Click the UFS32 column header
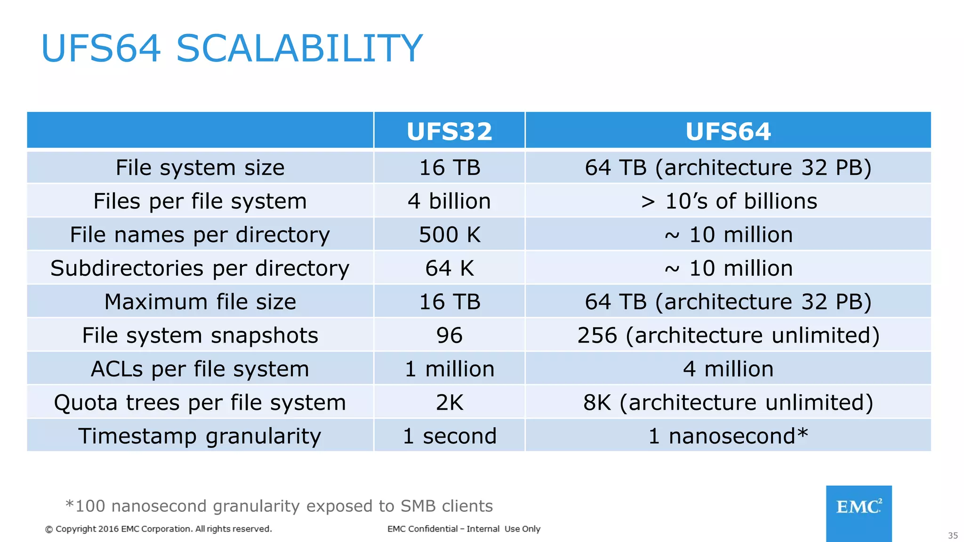tap(449, 131)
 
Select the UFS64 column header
tap(728, 131)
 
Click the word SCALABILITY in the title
tap(299, 48)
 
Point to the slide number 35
tap(953, 535)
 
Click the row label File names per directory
tap(200, 234)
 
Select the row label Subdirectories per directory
tap(200, 268)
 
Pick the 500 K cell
tap(450, 234)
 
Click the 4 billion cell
tap(449, 201)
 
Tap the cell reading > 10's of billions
tap(729, 201)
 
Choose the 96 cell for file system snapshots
tap(449, 335)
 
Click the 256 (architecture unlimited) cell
tap(728, 335)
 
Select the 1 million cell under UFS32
tap(449, 369)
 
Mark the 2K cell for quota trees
tap(449, 403)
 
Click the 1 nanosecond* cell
tap(728, 436)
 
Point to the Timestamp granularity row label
tap(200, 436)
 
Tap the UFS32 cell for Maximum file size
tap(450, 302)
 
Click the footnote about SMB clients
tap(279, 506)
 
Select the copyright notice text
tap(159, 529)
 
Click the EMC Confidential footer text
tap(464, 529)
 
